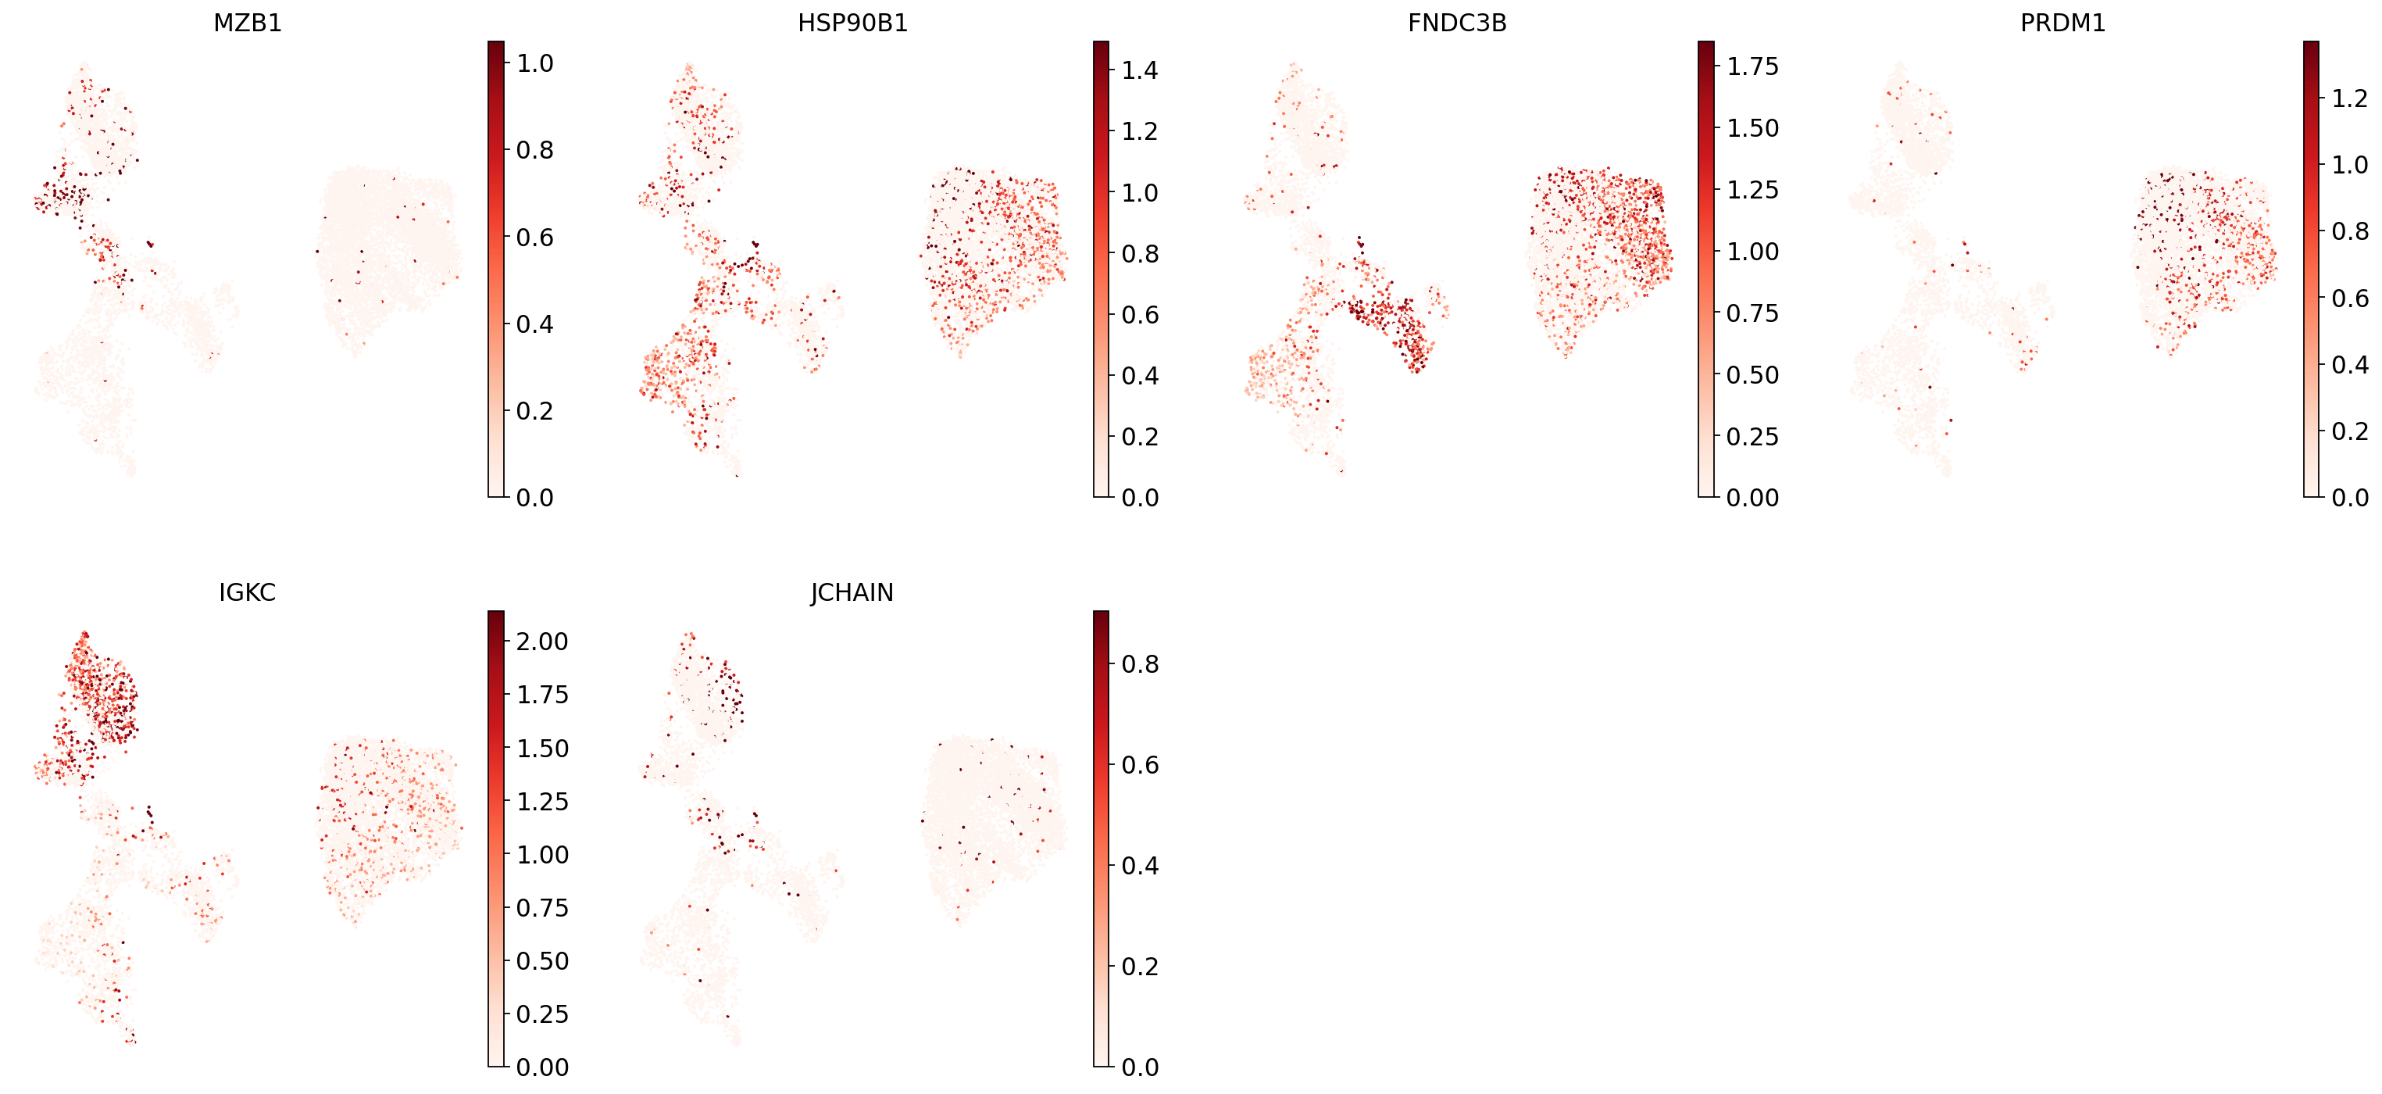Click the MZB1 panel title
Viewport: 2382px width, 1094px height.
click(x=247, y=23)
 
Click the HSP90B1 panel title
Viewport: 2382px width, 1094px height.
click(x=852, y=23)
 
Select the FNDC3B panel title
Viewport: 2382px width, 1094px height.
click(x=1456, y=23)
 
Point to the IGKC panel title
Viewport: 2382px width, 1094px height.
click(x=247, y=593)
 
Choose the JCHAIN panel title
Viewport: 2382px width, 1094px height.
click(x=852, y=593)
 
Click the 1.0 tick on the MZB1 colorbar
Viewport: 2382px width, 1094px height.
click(x=534, y=64)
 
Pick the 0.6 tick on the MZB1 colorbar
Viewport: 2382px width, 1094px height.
click(x=534, y=238)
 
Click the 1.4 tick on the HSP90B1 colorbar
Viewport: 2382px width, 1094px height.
click(x=1139, y=70)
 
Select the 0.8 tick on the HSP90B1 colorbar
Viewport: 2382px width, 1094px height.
click(x=1139, y=253)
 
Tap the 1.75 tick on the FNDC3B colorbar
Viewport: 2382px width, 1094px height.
click(x=1752, y=66)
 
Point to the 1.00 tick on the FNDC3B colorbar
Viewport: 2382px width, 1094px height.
click(x=1752, y=252)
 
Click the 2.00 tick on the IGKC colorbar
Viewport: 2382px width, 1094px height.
click(x=541, y=642)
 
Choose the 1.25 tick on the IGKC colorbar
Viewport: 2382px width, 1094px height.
click(x=541, y=802)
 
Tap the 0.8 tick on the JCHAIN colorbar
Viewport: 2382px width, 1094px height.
click(x=1139, y=665)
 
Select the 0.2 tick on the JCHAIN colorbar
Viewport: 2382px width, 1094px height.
click(x=1139, y=967)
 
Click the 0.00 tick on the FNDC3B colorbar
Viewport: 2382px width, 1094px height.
click(x=1752, y=498)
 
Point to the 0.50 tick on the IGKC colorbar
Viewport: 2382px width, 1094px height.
click(x=541, y=962)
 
